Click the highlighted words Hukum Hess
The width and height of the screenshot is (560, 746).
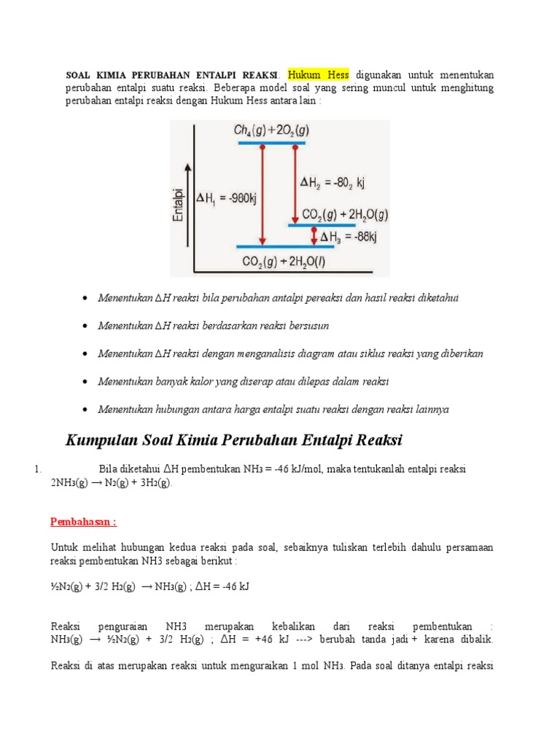click(319, 74)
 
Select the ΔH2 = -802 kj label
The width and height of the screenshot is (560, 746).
click(332, 183)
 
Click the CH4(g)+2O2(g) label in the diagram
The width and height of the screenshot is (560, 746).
click(271, 131)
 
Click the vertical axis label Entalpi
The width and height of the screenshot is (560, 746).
click(176, 205)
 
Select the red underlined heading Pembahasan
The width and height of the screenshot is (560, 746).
click(83, 522)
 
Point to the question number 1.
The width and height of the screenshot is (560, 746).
click(37, 469)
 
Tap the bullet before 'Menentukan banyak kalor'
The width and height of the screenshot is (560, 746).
click(87, 382)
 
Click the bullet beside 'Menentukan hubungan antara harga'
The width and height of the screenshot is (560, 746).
click(87, 409)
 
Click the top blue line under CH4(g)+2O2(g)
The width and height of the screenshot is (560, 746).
click(271, 144)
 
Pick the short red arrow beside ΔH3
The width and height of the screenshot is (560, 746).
click(314, 236)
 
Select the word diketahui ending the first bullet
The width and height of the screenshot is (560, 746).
click(440, 298)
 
